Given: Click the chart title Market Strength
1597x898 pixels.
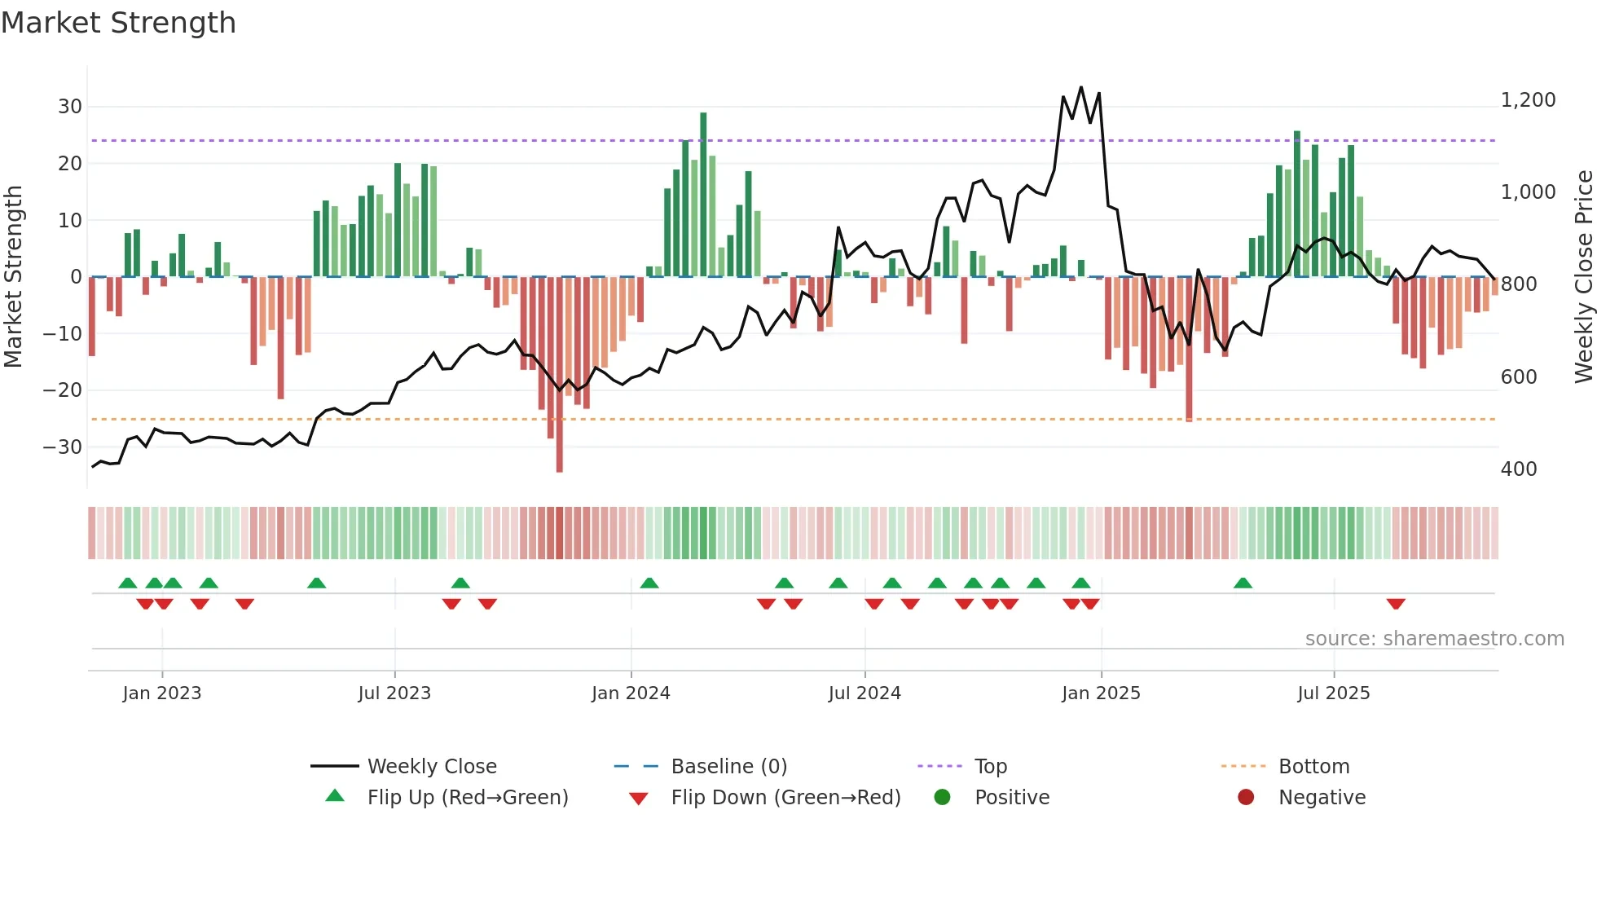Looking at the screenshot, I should (118, 23).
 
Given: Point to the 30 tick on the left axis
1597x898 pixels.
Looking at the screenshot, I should (70, 107).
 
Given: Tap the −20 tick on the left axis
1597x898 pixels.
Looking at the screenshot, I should (64, 390).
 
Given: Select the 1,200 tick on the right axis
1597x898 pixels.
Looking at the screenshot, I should (1528, 100).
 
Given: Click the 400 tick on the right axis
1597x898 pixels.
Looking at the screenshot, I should (1519, 469).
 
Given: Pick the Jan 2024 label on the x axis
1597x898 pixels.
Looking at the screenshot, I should (631, 693).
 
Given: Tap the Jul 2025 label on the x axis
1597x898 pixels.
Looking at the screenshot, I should (1334, 693).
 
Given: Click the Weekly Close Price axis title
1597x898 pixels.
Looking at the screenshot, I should (1583, 277).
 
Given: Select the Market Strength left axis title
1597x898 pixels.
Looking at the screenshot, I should (13, 277).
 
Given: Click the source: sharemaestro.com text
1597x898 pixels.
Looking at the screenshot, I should (1434, 639).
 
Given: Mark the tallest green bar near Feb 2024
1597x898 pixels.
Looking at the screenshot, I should (703, 196).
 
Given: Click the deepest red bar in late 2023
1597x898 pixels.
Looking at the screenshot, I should (560, 375).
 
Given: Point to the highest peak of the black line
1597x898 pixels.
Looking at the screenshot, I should (1081, 87).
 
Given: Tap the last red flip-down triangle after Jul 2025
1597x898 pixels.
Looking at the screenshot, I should (1396, 604).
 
